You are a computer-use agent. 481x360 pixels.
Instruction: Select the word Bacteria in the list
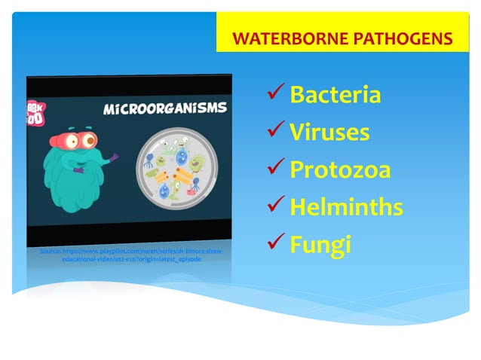click(x=335, y=96)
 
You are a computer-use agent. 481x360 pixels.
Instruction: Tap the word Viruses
click(x=329, y=133)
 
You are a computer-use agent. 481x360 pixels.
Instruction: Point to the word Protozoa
click(x=340, y=171)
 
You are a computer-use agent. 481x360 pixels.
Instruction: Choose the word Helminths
click(x=347, y=208)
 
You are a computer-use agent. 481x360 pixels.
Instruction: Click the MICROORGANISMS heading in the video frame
click(x=165, y=108)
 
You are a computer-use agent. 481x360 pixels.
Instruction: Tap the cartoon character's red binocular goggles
click(x=79, y=139)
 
